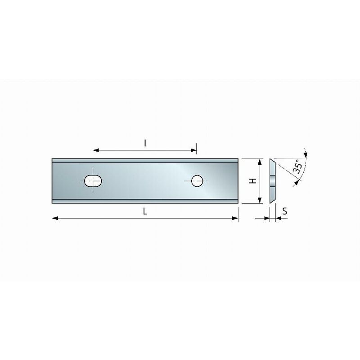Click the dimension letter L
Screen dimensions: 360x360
click(145, 211)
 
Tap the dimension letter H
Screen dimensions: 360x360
click(253, 181)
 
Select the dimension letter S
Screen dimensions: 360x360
click(285, 211)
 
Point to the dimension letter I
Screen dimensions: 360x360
click(145, 143)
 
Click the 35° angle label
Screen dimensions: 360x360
click(298, 166)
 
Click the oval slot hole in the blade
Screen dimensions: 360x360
click(93, 181)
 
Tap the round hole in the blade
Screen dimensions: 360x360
click(197, 181)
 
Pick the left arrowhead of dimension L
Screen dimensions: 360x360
click(55, 218)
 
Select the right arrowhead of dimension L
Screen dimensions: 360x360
click(235, 218)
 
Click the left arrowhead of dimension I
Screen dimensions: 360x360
click(96, 150)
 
